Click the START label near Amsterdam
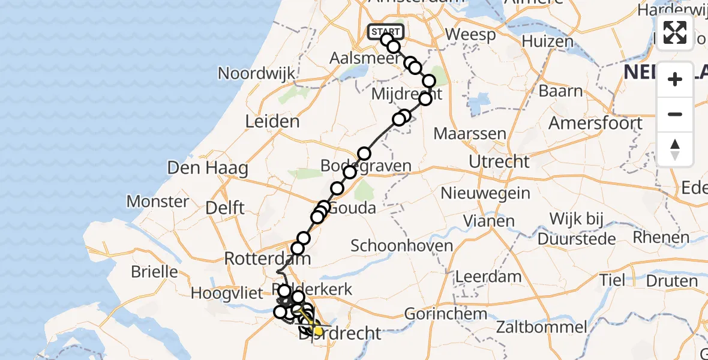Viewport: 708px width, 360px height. point(386,32)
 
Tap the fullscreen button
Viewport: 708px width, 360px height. point(675,32)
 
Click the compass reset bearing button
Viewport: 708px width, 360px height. point(675,149)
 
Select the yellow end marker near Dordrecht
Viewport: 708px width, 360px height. point(318,331)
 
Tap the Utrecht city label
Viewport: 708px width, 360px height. point(499,161)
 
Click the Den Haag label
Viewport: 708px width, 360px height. point(208,167)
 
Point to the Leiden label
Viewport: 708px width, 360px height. point(272,122)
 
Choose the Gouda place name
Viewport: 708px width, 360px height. point(353,208)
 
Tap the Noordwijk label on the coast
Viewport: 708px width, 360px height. point(257,73)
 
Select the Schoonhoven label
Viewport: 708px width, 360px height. point(402,245)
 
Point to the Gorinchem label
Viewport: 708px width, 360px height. point(445,313)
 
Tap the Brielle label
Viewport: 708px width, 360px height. point(155,271)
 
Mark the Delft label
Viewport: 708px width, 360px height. point(225,208)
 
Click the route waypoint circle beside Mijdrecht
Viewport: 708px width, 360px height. point(425,99)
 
